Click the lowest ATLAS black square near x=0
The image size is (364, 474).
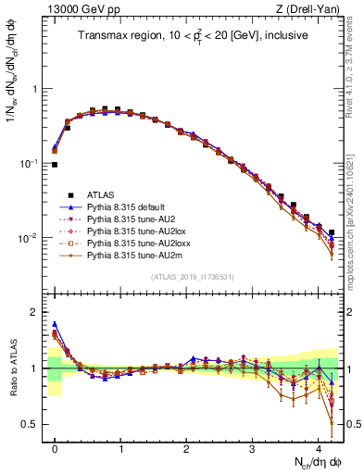pyautogui.click(x=55, y=165)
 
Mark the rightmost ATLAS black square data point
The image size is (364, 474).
pyautogui.click(x=332, y=232)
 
